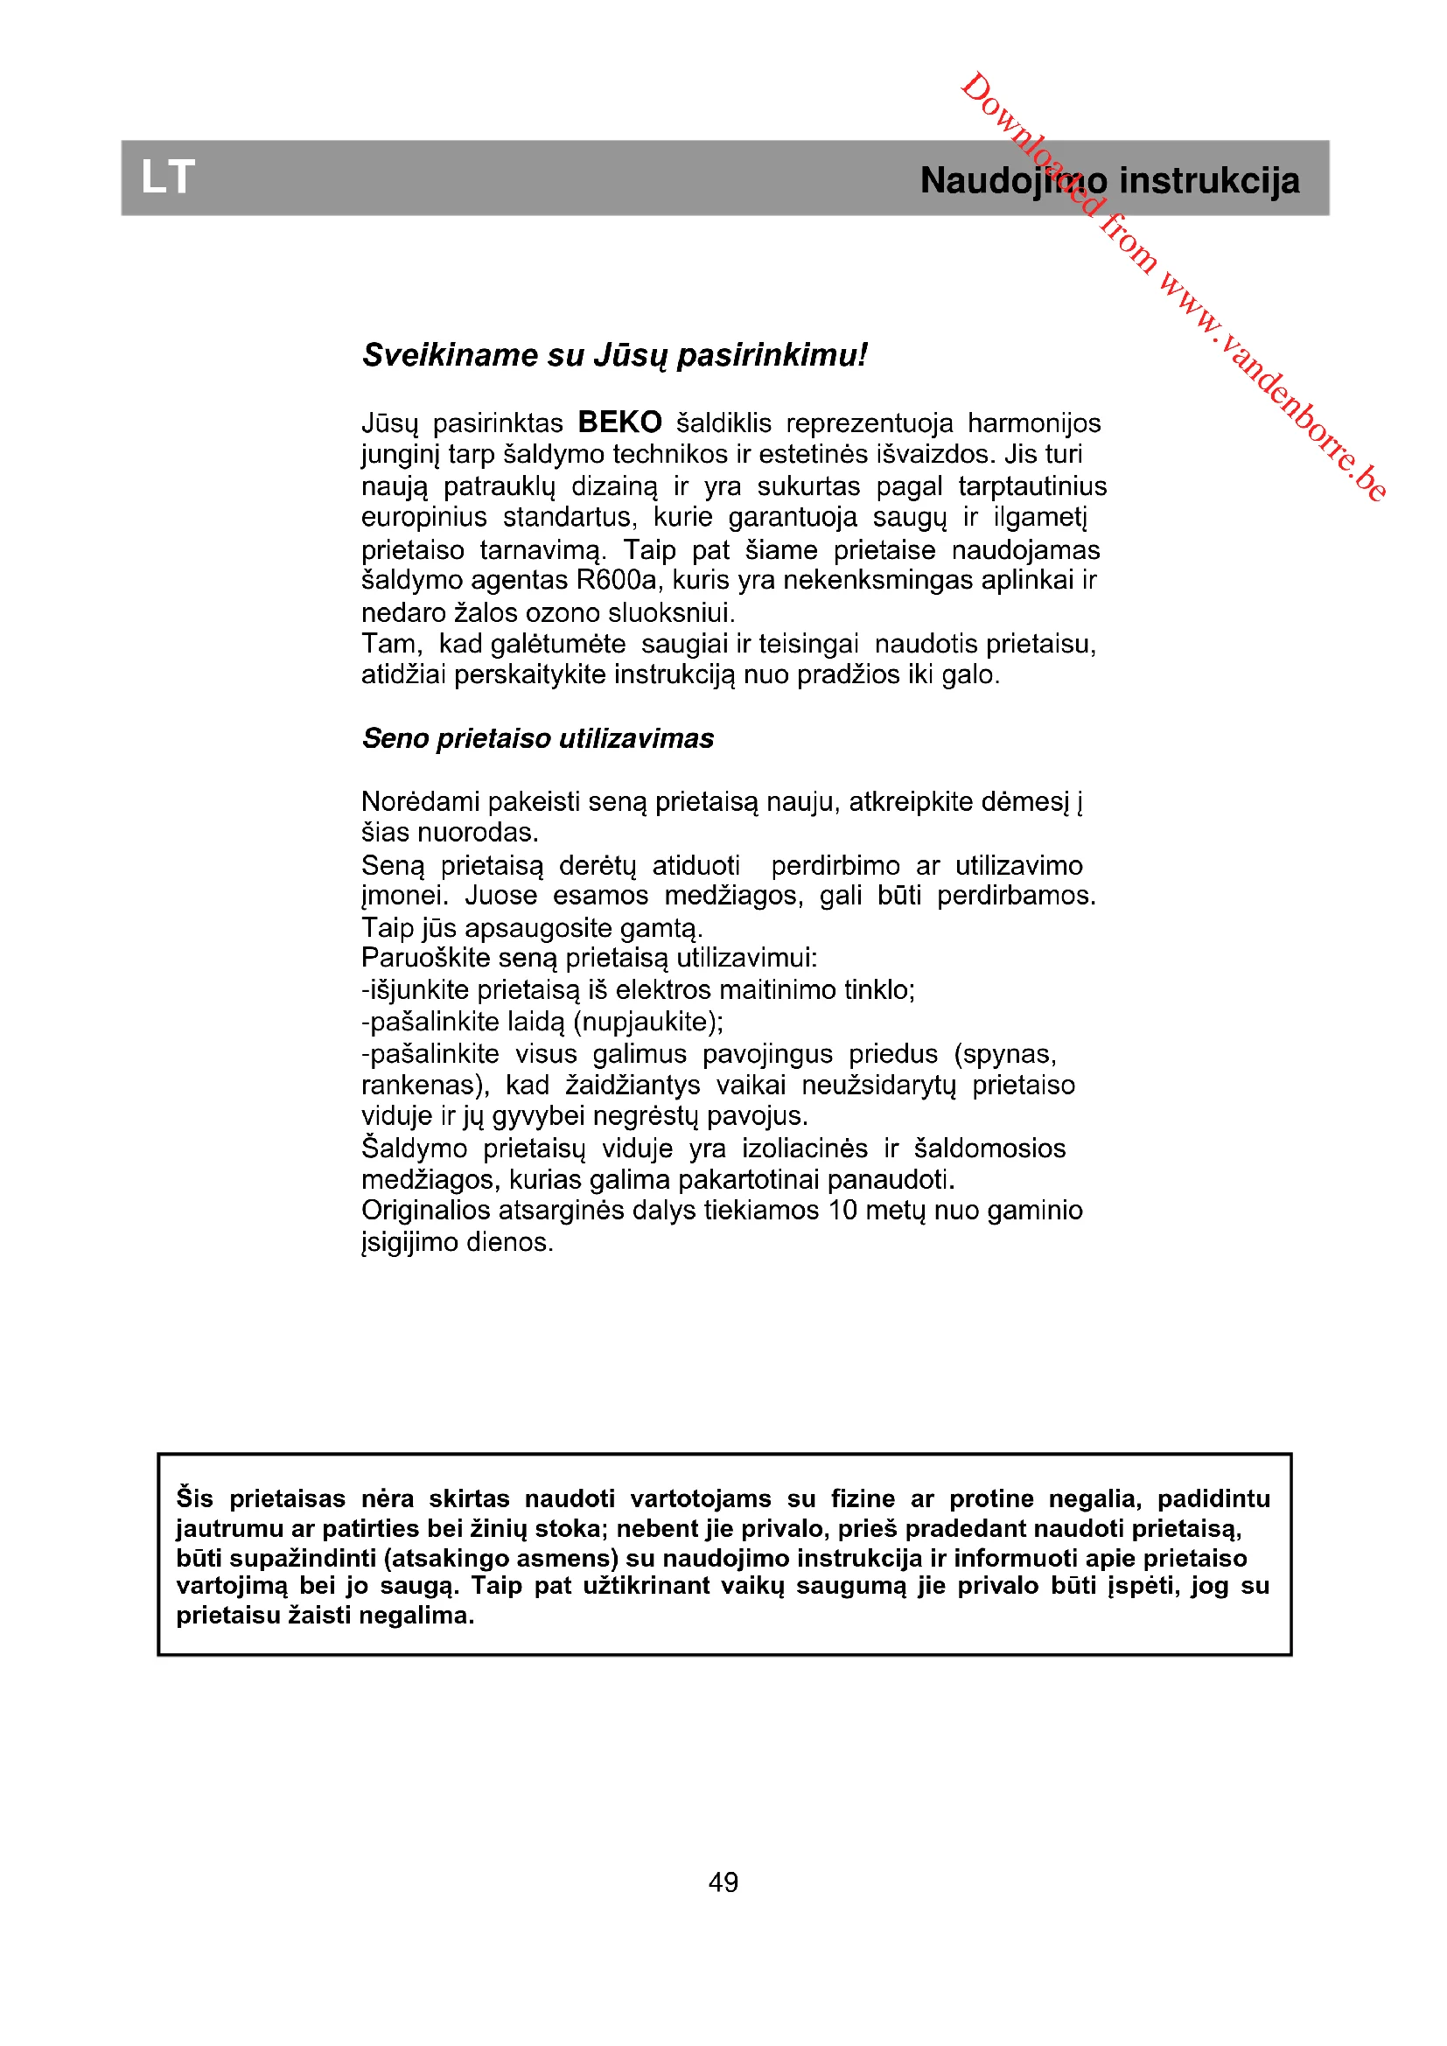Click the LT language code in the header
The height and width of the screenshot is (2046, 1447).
(167, 178)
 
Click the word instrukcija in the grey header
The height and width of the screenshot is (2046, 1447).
(1209, 181)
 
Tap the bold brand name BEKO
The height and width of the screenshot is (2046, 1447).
(619, 422)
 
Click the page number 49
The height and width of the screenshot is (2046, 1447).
(723, 1882)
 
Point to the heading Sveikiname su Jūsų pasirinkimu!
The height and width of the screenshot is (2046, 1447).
(614, 355)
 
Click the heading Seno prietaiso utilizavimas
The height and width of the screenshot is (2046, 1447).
(537, 739)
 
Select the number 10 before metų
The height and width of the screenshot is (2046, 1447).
(842, 1210)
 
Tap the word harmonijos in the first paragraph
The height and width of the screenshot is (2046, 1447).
(1034, 422)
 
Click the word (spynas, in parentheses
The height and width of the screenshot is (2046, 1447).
(1005, 1054)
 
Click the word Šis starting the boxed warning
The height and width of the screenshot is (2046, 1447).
(194, 1498)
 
